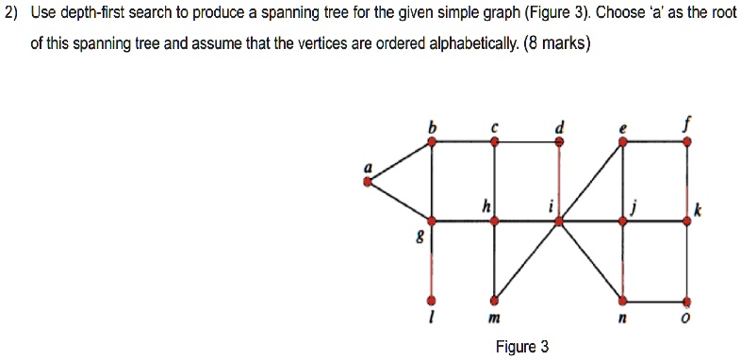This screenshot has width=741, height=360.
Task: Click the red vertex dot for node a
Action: point(368,181)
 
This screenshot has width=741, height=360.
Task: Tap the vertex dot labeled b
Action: point(432,141)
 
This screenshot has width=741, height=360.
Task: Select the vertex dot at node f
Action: point(685,141)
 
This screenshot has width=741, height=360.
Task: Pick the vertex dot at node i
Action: point(558,221)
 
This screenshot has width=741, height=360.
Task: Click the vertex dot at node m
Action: point(494,301)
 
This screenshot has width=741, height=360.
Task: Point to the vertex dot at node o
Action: point(685,301)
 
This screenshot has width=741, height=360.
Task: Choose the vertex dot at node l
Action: point(432,301)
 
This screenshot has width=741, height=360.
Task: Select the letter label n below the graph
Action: point(622,321)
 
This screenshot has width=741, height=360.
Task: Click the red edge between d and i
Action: point(559,181)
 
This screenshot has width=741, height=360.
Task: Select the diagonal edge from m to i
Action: point(526,261)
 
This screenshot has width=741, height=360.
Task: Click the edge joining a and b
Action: point(400,161)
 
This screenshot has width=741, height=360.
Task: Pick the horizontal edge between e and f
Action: point(653,141)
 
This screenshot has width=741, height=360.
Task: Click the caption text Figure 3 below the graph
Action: point(521,347)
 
